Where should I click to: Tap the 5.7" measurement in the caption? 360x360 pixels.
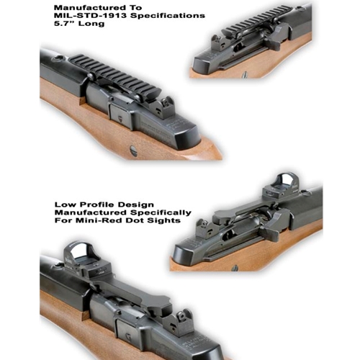(x=63, y=24)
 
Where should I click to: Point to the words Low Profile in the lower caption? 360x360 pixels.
(x=84, y=204)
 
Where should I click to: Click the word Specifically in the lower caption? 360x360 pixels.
(x=161, y=213)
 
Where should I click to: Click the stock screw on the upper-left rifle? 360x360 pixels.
(x=134, y=151)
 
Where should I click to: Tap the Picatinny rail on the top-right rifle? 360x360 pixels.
(x=257, y=19)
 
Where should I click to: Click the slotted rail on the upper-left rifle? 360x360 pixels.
(x=116, y=77)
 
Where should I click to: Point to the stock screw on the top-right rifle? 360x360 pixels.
(x=245, y=74)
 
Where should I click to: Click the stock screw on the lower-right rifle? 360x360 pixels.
(x=235, y=269)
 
